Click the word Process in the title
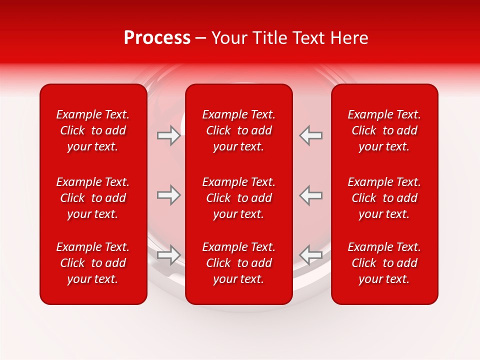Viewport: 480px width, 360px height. coord(157,38)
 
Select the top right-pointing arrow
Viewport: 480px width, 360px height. coord(168,135)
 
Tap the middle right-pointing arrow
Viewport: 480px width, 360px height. coord(168,195)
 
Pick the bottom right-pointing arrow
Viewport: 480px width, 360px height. coord(168,254)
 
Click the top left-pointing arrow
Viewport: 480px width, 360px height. coord(311,135)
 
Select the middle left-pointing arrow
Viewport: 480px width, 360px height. coord(311,195)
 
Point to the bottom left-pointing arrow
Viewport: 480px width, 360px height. coord(311,254)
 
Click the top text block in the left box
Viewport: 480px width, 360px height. coord(93,130)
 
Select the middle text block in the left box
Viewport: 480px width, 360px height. coord(93,198)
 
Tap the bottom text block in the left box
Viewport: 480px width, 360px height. coord(93,263)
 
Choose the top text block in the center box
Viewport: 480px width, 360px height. coord(239,130)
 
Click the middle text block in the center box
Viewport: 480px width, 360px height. coord(239,198)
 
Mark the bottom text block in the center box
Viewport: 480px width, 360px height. coord(239,263)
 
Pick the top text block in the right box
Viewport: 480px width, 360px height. coord(384,130)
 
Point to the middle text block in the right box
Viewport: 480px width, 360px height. coord(384,198)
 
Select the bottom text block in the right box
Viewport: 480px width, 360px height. coord(384,263)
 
